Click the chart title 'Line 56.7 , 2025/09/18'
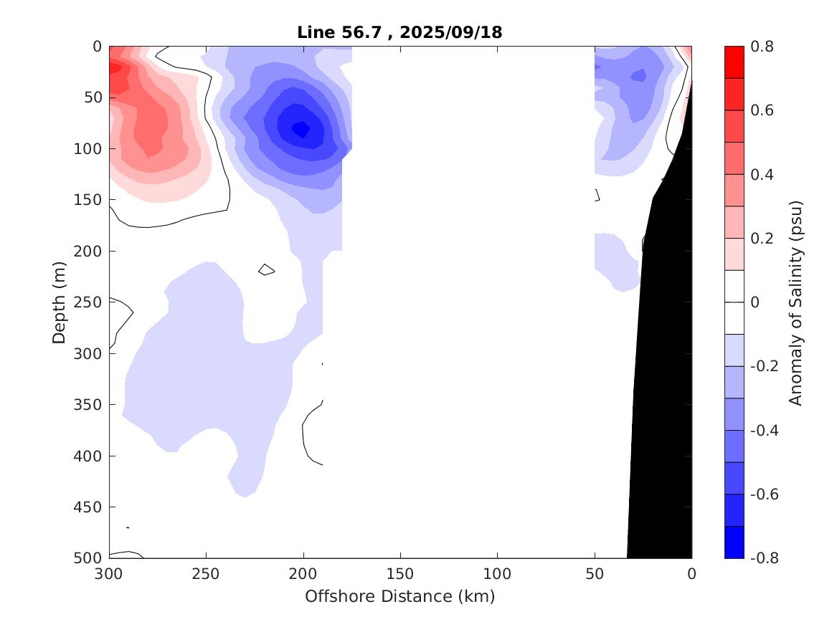[399, 32]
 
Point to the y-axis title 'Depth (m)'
[60, 302]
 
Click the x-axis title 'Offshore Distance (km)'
[399, 596]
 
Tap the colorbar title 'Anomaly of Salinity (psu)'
[795, 302]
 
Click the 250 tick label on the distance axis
[206, 574]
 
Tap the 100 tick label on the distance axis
[497, 574]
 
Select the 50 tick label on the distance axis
[595, 574]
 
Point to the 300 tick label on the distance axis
[109, 574]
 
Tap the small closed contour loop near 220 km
[266, 269]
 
